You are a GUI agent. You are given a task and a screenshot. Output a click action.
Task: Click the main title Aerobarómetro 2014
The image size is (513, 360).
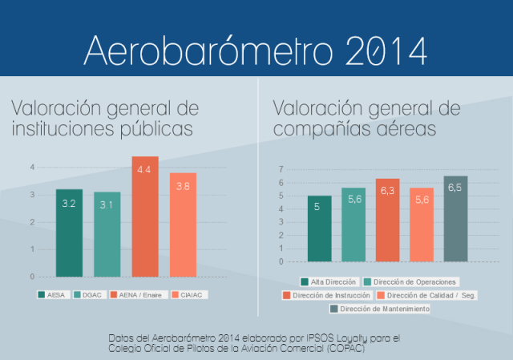pos(256,49)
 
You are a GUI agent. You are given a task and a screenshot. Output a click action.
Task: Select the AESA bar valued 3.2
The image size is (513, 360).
pos(69,233)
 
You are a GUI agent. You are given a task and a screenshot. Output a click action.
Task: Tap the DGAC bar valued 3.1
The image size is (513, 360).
pos(107,234)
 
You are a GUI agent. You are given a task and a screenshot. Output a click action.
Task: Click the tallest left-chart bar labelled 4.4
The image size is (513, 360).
pos(145,216)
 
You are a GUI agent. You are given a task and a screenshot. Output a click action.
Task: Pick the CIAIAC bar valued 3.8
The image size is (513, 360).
pos(183,224)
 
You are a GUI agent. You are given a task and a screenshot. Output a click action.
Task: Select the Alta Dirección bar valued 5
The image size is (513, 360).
pos(319,229)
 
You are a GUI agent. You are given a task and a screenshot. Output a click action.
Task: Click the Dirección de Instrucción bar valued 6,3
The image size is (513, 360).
pos(387,220)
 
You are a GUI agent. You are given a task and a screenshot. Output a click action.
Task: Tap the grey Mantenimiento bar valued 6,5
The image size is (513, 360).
pos(455,219)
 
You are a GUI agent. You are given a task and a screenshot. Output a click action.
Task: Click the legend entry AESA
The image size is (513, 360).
pos(53,295)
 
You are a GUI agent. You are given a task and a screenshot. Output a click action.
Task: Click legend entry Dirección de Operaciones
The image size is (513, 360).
pos(410,281)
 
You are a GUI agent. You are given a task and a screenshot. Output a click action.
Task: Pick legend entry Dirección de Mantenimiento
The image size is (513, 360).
pos(379,309)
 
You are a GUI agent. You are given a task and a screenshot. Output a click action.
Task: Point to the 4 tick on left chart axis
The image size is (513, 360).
pos(32,168)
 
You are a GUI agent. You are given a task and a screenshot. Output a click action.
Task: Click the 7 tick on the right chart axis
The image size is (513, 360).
pos(281,169)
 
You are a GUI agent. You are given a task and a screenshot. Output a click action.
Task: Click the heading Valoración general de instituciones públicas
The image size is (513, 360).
pos(104,118)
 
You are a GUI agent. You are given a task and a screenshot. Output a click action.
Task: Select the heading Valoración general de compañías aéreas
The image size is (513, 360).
pos(366,118)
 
